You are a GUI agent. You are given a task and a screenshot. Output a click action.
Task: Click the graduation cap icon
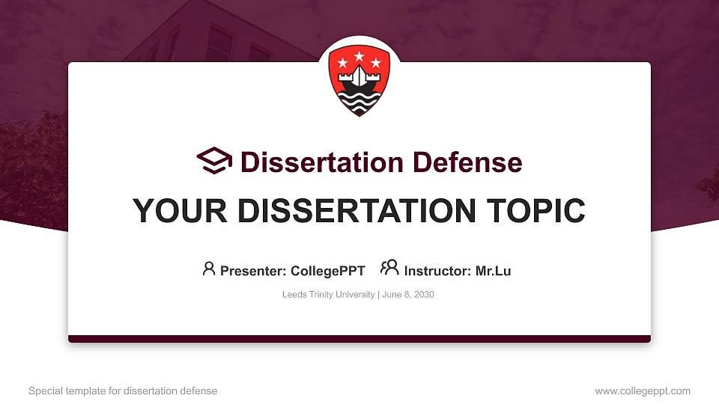click(x=214, y=161)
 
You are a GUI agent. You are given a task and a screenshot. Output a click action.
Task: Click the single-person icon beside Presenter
click(x=209, y=269)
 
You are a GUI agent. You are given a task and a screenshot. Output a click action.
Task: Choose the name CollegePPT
click(x=327, y=271)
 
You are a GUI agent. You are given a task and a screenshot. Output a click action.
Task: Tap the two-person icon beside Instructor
click(x=389, y=268)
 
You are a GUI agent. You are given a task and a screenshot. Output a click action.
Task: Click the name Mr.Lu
click(x=493, y=271)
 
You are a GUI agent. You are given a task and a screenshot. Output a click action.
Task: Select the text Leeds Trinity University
click(x=328, y=295)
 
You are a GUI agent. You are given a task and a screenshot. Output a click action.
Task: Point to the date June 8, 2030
click(x=408, y=295)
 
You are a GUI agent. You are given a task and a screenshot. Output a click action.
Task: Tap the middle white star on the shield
click(x=359, y=55)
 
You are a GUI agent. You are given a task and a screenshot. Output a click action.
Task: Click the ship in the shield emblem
click(x=359, y=81)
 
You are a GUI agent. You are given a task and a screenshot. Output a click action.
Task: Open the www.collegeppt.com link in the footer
click(x=643, y=391)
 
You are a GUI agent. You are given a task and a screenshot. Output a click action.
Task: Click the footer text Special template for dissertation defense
click(x=123, y=391)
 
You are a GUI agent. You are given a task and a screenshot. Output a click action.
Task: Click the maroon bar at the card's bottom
click(x=359, y=339)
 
